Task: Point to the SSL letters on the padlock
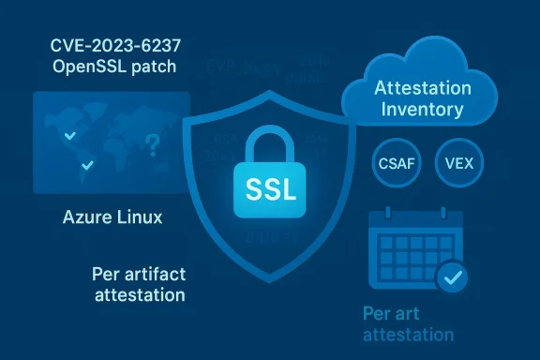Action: pyautogui.click(x=270, y=188)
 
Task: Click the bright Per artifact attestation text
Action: pyautogui.click(x=138, y=284)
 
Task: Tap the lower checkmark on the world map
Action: pyautogui.click(x=87, y=166)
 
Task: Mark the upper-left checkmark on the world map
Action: pyautogui.click(x=67, y=137)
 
